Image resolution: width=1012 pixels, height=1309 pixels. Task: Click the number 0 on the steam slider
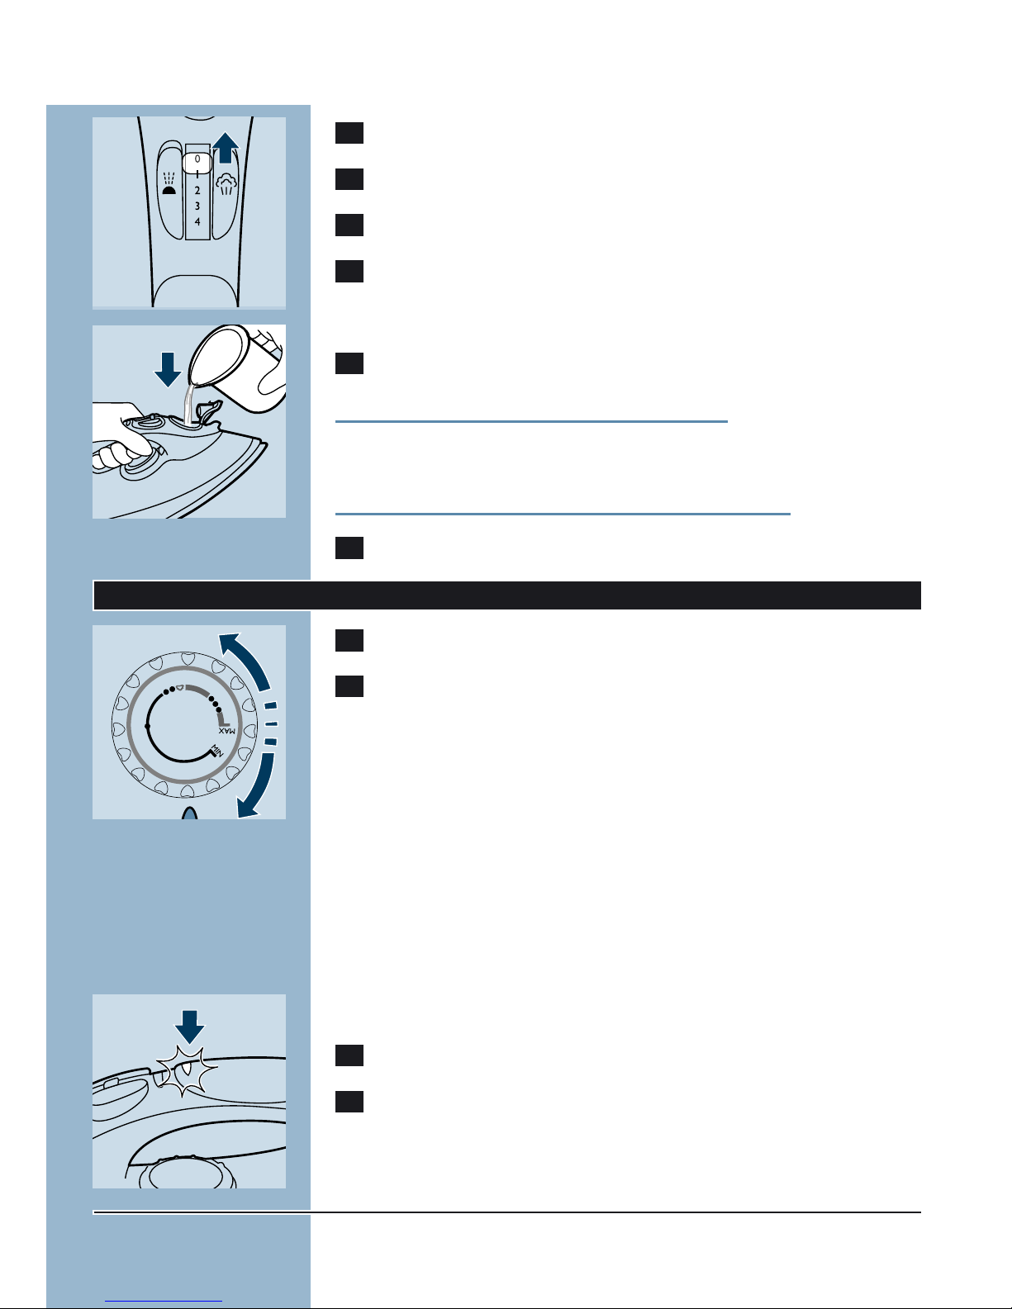(197, 159)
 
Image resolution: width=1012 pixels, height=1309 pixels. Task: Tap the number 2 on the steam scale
(197, 190)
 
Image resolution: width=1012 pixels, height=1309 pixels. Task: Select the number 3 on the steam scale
(197, 206)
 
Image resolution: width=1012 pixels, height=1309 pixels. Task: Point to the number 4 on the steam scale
(197, 221)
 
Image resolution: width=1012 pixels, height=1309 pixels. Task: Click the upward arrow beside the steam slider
(226, 148)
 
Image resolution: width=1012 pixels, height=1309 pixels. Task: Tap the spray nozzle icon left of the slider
(170, 183)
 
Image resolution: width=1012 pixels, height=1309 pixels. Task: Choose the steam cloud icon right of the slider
(226, 183)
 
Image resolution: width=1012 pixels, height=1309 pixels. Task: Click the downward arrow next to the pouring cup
(168, 369)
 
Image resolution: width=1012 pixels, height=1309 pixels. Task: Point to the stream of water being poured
(189, 404)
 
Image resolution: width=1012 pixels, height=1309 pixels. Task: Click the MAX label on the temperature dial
(227, 731)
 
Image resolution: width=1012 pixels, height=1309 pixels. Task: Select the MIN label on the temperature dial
(216, 751)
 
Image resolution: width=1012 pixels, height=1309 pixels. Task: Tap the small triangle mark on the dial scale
(179, 687)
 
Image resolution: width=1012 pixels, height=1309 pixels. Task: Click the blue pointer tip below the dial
(190, 813)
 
